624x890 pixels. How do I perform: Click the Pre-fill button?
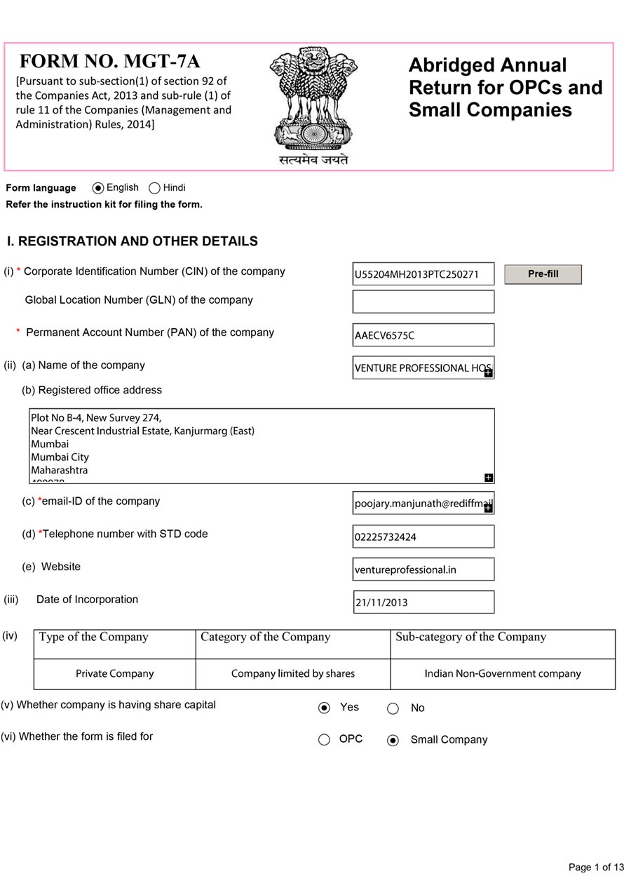(x=543, y=274)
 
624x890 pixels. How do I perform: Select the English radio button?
(x=98, y=188)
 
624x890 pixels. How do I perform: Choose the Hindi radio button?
(x=155, y=188)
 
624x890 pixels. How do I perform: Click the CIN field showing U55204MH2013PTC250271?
(x=423, y=274)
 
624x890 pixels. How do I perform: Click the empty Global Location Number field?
(x=423, y=302)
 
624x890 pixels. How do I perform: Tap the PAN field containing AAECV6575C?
(x=423, y=335)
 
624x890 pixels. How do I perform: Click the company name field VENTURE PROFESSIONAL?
(x=418, y=368)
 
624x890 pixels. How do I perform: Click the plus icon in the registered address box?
(x=489, y=478)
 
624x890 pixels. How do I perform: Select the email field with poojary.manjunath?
(x=418, y=503)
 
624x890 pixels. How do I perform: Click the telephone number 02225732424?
(x=423, y=537)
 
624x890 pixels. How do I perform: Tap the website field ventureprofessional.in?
(x=423, y=569)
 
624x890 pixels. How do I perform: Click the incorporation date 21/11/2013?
(x=423, y=602)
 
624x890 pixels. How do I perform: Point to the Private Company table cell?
(x=114, y=674)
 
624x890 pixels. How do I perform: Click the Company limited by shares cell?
(x=293, y=674)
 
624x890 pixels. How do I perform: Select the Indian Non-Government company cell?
(x=503, y=674)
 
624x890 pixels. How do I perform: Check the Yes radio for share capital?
(x=324, y=708)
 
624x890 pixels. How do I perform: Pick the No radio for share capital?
(x=393, y=708)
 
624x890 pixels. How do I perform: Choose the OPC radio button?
(x=324, y=739)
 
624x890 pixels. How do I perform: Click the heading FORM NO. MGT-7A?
(x=110, y=61)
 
